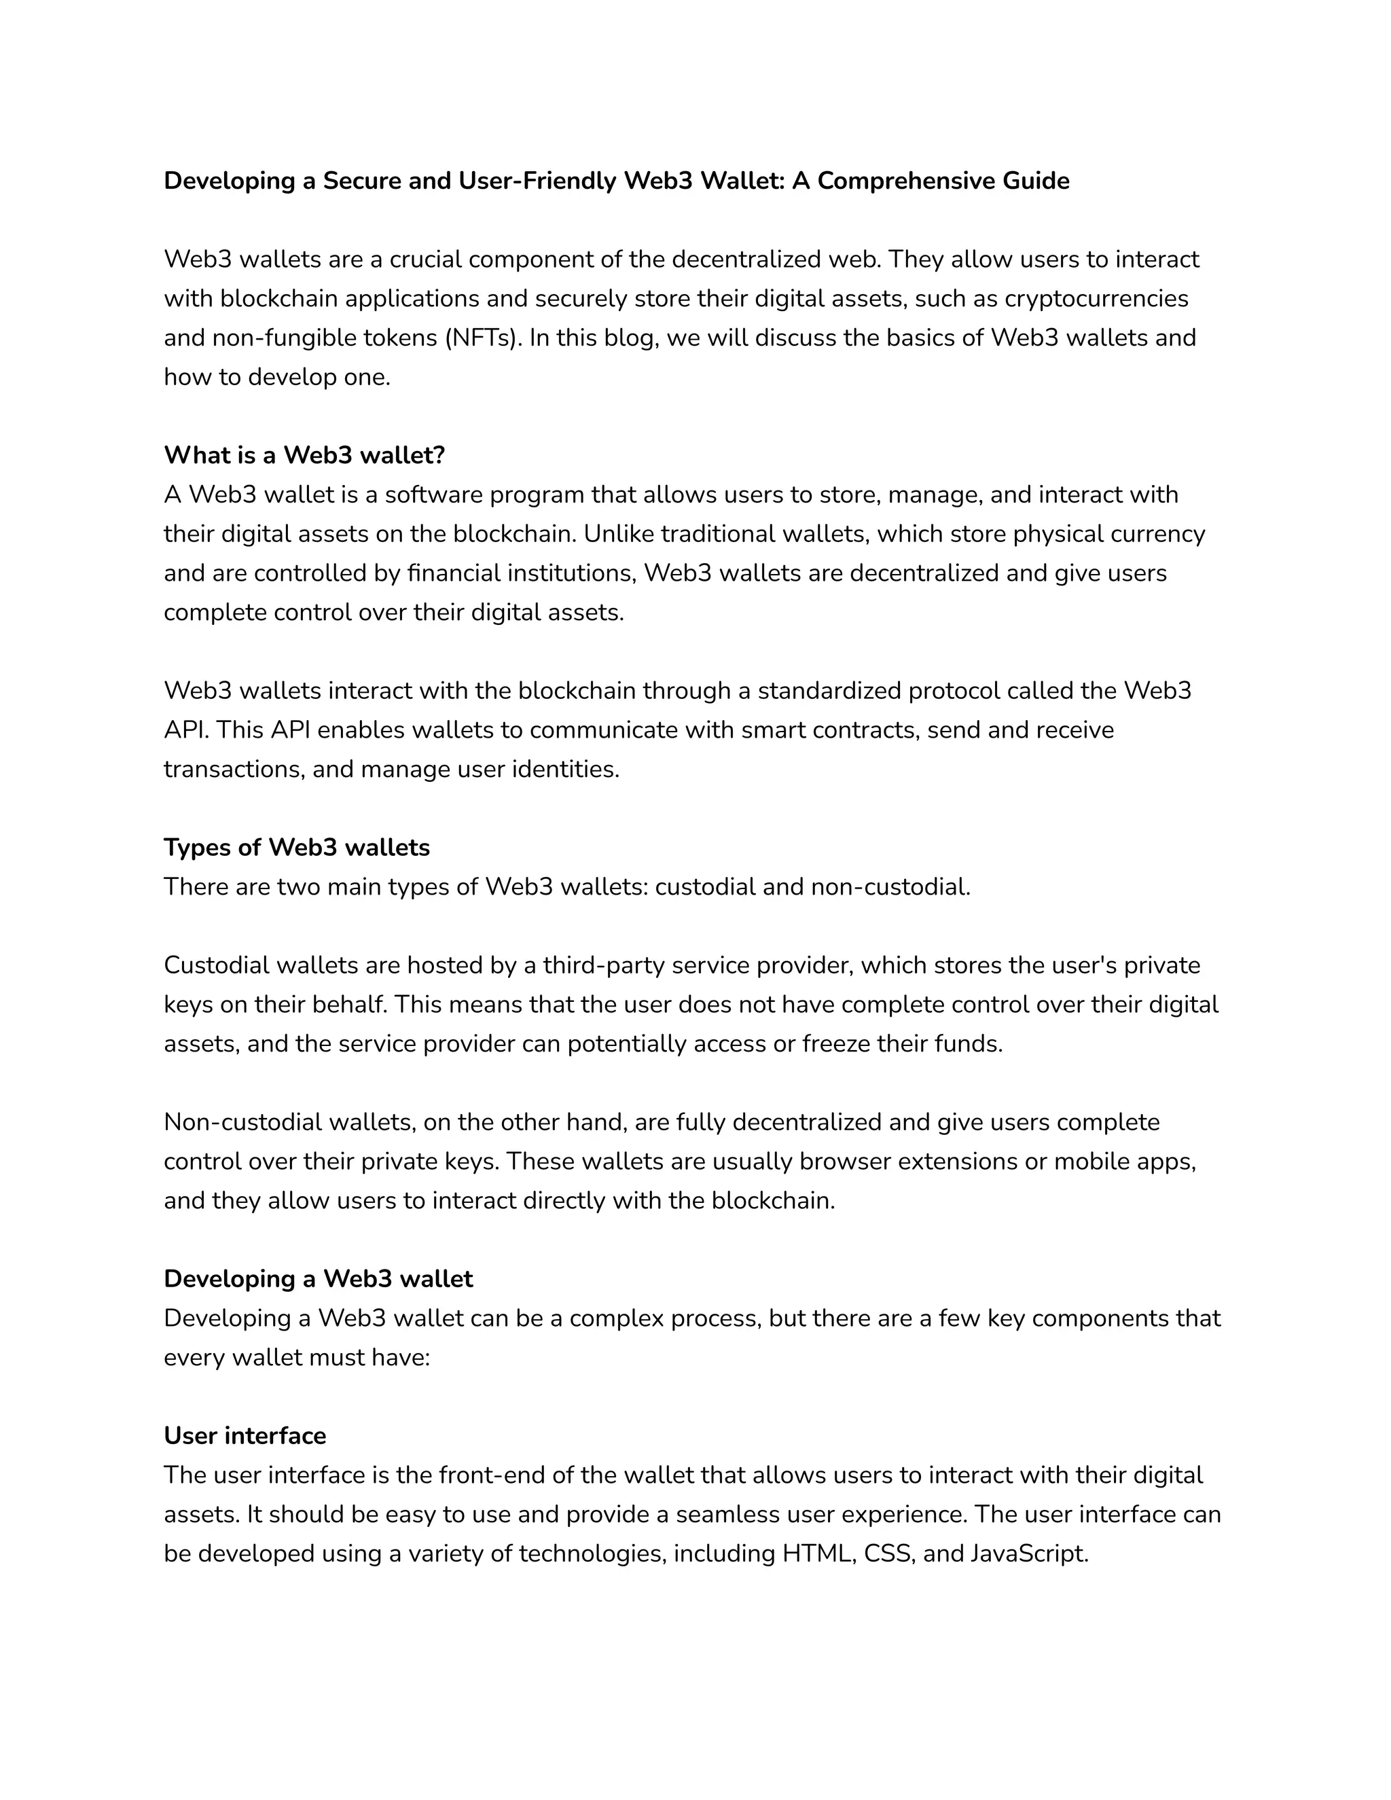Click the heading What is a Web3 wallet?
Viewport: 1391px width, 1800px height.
pyautogui.click(x=304, y=455)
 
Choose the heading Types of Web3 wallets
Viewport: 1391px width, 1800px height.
pyautogui.click(x=297, y=847)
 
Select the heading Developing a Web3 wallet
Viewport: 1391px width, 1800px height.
pyautogui.click(x=318, y=1279)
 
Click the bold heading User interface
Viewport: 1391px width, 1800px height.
pyautogui.click(x=245, y=1437)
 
